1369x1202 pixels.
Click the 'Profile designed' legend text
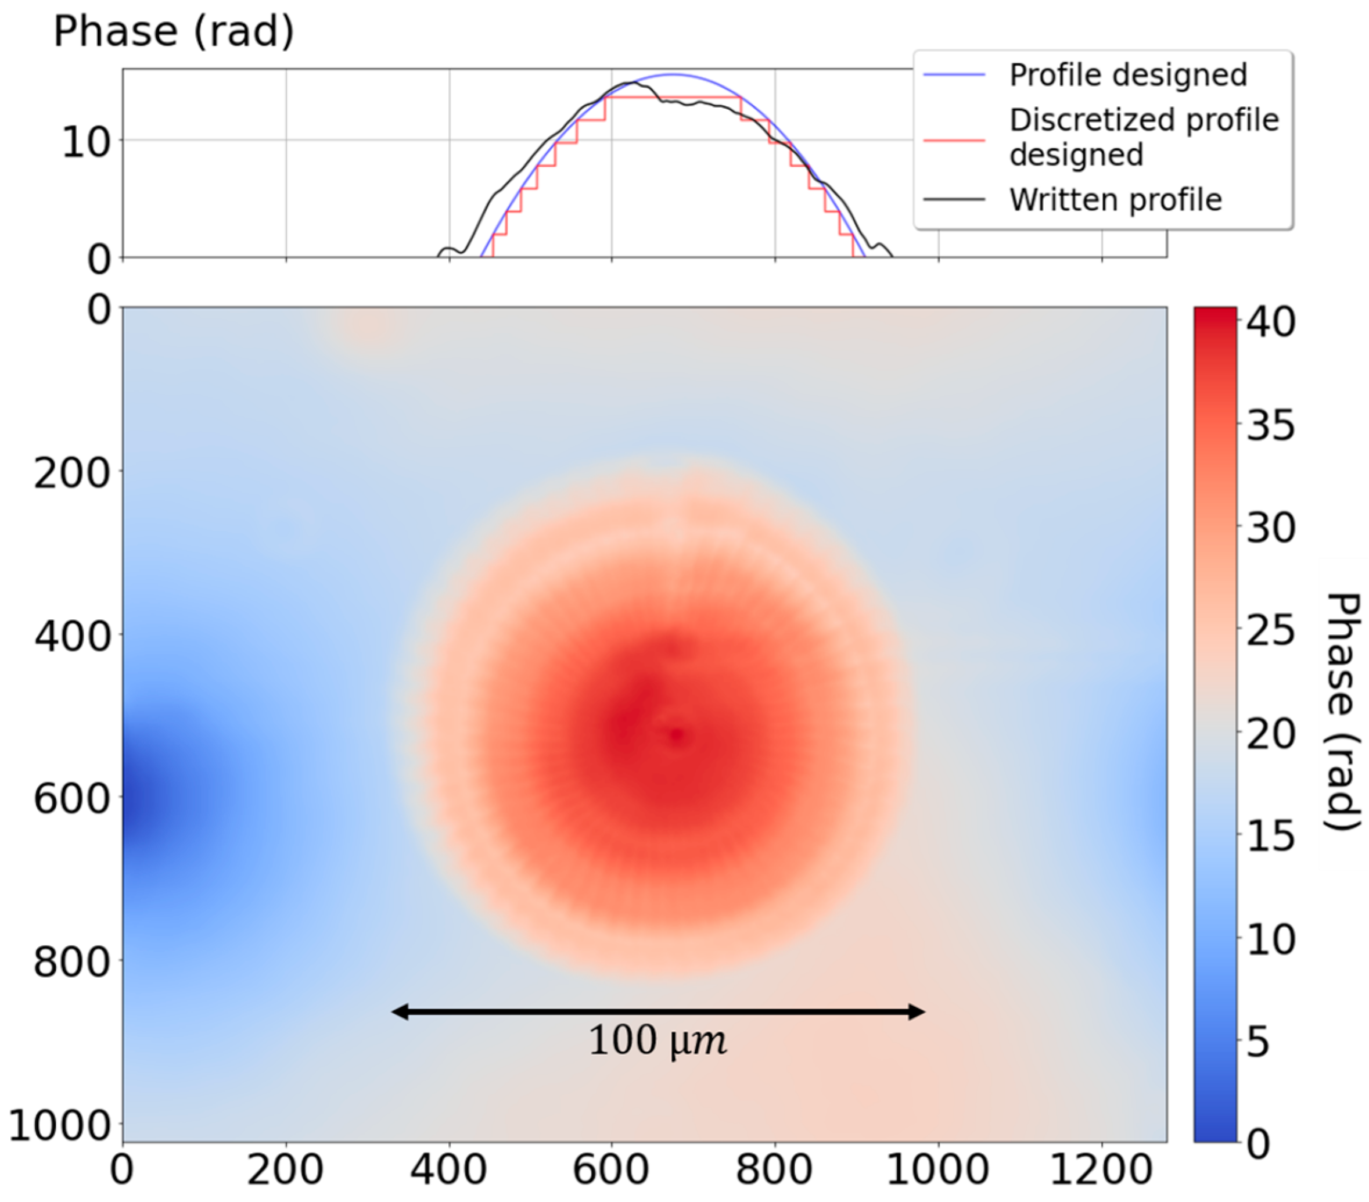[1127, 75]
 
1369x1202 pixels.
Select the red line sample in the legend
[954, 141]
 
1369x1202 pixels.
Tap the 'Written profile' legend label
[1115, 200]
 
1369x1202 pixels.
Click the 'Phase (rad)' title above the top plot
[174, 31]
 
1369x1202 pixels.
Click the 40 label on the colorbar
[1270, 322]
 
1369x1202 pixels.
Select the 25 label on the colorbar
[1270, 631]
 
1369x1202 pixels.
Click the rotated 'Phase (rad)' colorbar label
[1343, 712]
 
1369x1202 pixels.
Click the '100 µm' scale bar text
[657, 1041]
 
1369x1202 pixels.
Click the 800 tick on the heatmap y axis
[71, 962]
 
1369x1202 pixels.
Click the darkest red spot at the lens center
[676, 735]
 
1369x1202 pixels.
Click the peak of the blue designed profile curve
[673, 74]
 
